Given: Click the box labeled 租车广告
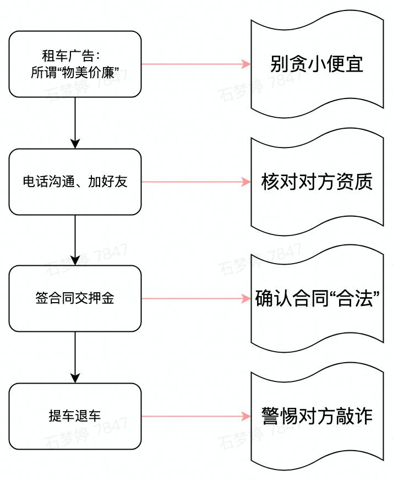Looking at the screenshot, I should pyautogui.click(x=75, y=64).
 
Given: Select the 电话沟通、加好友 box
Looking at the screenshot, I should pyautogui.click(x=75, y=182).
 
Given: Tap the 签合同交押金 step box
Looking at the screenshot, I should pyautogui.click(x=75, y=299).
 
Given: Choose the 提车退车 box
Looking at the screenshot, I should pyautogui.click(x=75, y=416).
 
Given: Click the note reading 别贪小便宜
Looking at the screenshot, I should pyautogui.click(x=317, y=64).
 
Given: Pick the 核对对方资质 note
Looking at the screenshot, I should pyautogui.click(x=317, y=182).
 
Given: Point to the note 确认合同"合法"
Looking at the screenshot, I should pyautogui.click(x=317, y=299).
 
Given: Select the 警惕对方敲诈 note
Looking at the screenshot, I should pyautogui.click(x=317, y=416).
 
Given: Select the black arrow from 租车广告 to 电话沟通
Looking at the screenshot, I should pyautogui.click(x=75, y=122).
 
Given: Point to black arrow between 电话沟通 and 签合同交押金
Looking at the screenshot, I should pyautogui.click(x=75, y=239).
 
